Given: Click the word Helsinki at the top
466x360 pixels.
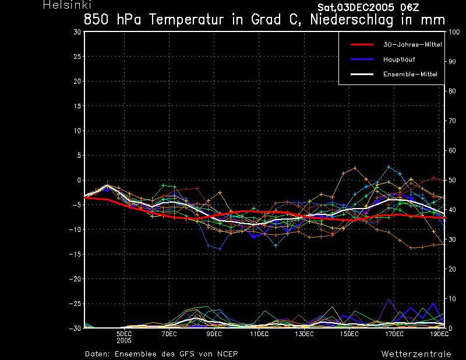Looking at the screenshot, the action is [67, 5].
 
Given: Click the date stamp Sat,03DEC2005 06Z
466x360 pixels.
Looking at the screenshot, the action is [368, 8].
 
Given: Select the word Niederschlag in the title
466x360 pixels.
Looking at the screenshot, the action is [352, 20].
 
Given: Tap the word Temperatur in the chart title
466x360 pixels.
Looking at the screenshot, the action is [186, 20].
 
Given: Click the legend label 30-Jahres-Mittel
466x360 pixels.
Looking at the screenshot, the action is [412, 45].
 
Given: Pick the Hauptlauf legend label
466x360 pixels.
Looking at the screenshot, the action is [399, 59].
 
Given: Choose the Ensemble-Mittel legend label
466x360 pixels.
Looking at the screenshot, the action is [410, 75].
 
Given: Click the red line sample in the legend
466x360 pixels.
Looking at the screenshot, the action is [362, 45].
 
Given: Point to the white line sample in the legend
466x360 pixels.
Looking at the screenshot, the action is [362, 75].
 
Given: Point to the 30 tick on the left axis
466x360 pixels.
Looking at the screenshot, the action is [77, 32].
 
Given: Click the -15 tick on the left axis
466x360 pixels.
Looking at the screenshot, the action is [75, 255].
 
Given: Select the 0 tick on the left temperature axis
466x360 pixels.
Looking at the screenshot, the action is [79, 180].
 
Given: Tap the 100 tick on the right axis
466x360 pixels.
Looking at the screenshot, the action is [454, 32].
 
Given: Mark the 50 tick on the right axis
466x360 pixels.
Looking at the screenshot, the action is [452, 180].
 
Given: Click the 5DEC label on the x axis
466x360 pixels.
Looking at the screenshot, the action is [124, 334].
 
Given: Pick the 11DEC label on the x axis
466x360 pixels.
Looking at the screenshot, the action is [259, 334].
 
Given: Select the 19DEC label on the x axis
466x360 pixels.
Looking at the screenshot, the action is [439, 334].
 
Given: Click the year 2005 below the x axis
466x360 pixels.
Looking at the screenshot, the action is [124, 341].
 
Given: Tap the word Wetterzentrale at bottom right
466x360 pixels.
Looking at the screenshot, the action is [416, 354].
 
